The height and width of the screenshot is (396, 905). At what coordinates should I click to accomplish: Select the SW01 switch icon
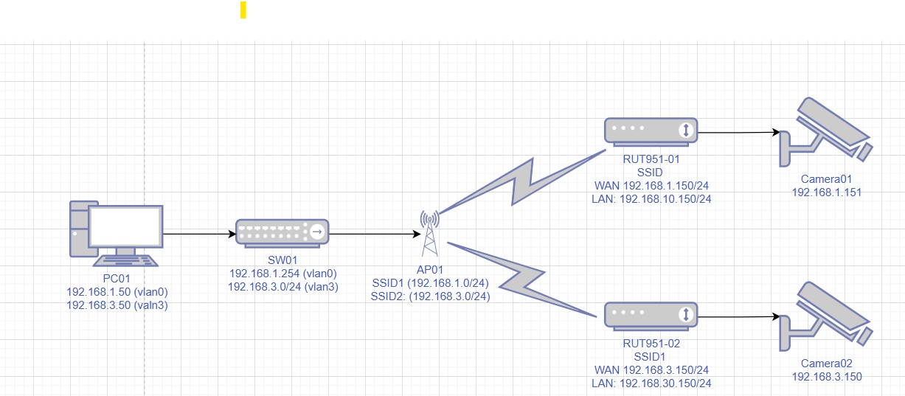tap(282, 232)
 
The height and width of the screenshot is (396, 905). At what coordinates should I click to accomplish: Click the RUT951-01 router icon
tap(651, 131)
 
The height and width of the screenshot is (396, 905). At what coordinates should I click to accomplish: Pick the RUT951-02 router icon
tap(651, 315)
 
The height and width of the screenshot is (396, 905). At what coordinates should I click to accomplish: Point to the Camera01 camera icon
tap(826, 131)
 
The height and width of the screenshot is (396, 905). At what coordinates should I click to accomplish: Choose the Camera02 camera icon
tap(826, 316)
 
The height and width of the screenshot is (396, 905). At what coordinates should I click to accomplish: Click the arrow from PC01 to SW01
tap(199, 235)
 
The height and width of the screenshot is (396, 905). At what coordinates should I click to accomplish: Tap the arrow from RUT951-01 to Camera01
tap(738, 133)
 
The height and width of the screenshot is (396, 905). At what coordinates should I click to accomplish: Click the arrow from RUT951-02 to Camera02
tap(738, 317)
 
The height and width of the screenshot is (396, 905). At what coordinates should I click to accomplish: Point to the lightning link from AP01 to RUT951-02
tap(522, 278)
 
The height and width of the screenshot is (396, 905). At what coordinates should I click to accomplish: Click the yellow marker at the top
tap(243, 10)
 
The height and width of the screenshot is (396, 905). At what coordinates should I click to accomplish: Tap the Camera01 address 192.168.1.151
tap(826, 192)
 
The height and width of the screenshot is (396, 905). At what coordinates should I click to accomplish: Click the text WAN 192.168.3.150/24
tap(651, 369)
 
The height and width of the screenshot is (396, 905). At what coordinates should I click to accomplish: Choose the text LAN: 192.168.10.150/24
tap(651, 198)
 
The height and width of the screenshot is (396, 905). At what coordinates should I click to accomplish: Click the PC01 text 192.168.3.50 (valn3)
tap(117, 304)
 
